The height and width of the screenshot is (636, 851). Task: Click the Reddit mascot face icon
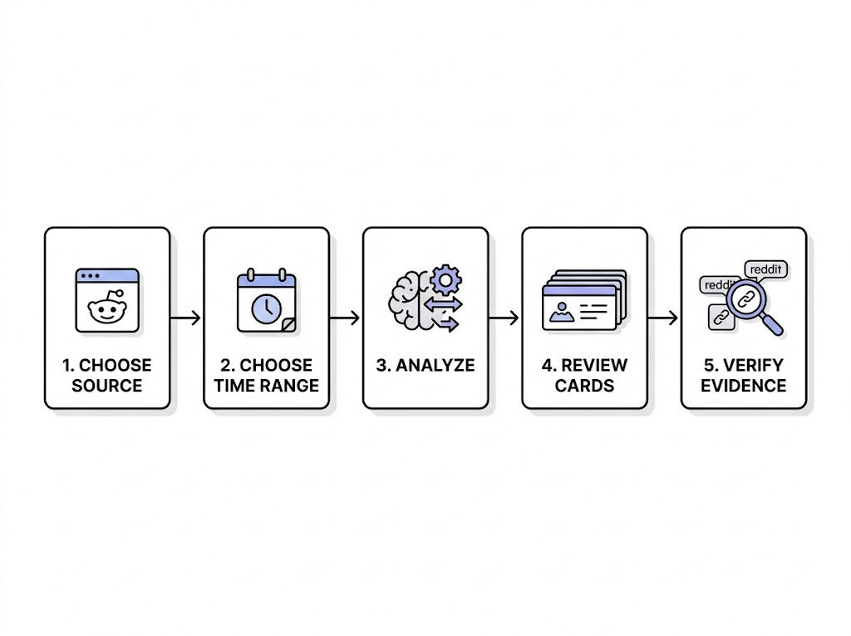(107, 308)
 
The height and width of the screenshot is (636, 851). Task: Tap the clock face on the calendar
(266, 308)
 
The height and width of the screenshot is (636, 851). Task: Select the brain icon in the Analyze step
(410, 300)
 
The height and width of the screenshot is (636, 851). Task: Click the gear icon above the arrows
(445, 279)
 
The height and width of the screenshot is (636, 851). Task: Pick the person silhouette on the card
(561, 312)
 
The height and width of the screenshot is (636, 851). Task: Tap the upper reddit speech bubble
(766, 270)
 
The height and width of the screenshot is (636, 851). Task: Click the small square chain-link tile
(721, 318)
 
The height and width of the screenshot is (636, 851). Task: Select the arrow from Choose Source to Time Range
(185, 318)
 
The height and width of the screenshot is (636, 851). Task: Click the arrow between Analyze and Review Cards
(504, 318)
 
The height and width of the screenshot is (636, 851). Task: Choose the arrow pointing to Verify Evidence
(662, 318)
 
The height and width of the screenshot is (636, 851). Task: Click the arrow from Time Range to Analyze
(345, 318)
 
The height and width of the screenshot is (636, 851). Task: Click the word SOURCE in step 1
(107, 386)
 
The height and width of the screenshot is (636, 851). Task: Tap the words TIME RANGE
(266, 386)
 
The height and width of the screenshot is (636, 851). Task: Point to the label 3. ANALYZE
(425, 365)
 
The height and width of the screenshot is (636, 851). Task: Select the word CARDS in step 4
(584, 386)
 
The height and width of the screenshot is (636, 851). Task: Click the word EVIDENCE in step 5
(744, 386)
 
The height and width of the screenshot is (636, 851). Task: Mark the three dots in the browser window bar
(90, 276)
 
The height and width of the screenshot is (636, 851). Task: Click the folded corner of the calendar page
(289, 325)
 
